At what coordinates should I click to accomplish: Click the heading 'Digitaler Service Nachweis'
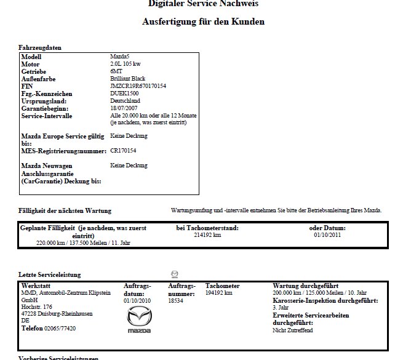click(203, 4)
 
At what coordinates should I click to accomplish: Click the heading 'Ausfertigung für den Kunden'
click(203, 22)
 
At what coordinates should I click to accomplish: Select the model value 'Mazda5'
click(119, 57)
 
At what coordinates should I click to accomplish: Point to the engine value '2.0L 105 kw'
click(126, 64)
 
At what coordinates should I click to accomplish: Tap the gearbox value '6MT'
click(115, 71)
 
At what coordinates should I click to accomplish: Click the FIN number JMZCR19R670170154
click(138, 86)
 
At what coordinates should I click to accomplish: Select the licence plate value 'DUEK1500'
click(124, 94)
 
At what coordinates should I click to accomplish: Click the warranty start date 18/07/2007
click(124, 108)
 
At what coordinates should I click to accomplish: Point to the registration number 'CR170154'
click(124, 150)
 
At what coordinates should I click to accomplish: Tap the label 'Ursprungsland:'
click(42, 101)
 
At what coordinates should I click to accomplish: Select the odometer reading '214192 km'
click(207, 234)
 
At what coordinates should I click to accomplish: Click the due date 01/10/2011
click(327, 234)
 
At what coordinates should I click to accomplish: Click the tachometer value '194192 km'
click(218, 293)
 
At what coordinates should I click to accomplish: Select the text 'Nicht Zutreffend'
click(293, 330)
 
